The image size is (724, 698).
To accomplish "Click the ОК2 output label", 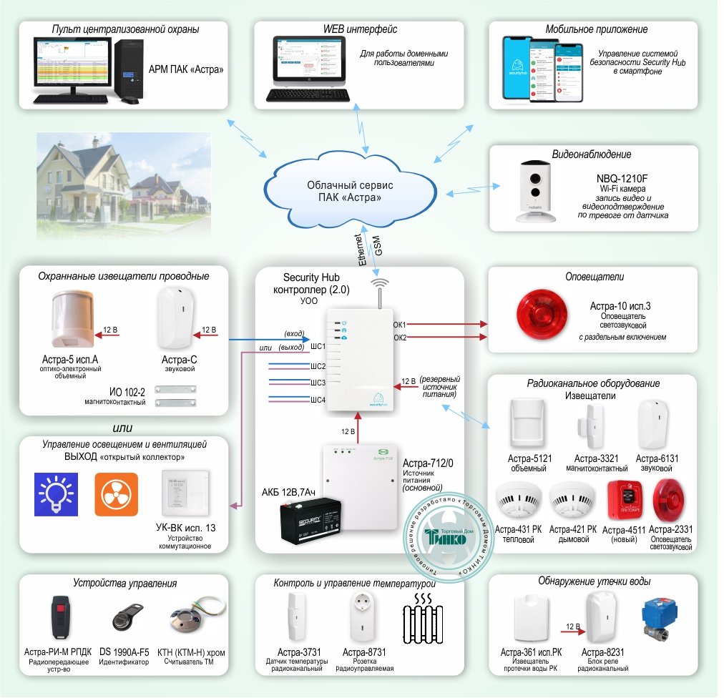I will click(399, 337).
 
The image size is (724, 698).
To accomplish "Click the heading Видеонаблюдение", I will click(591, 154).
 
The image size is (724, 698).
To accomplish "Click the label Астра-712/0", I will click(428, 463).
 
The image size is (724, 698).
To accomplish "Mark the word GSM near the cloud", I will click(378, 247).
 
